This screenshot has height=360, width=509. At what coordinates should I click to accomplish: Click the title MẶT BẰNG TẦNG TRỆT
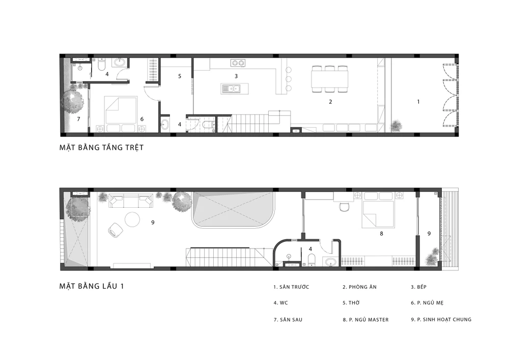pyautogui.click(x=101, y=148)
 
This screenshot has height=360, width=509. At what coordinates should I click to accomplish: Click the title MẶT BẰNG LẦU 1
pyautogui.click(x=92, y=286)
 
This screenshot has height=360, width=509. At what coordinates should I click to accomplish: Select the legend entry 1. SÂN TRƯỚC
pyautogui.click(x=291, y=287)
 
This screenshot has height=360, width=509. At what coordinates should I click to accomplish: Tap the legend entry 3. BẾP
pyautogui.click(x=418, y=287)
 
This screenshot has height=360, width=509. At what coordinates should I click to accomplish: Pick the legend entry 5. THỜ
pyautogui.click(x=351, y=303)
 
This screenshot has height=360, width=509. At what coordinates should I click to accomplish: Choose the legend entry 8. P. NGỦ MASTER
pyautogui.click(x=365, y=320)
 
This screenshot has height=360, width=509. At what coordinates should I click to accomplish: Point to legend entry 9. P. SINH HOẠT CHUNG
pyautogui.click(x=441, y=320)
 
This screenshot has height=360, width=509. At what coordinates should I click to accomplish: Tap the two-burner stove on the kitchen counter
pyautogui.click(x=238, y=63)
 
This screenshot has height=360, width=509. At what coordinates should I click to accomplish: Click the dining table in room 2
pyautogui.click(x=329, y=79)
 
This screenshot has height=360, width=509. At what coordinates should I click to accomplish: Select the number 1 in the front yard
pyautogui.click(x=418, y=102)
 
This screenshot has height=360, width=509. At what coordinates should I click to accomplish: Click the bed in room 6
pyautogui.click(x=121, y=109)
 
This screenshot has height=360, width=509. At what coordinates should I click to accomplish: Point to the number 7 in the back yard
pyautogui.click(x=78, y=119)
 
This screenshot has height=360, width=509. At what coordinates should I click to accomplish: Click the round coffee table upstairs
pyautogui.click(x=132, y=219)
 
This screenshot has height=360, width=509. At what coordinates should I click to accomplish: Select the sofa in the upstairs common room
pyautogui.click(x=130, y=201)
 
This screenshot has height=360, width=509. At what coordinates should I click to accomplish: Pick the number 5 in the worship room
pyautogui.click(x=180, y=76)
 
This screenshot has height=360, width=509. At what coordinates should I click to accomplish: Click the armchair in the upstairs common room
pyautogui.click(x=115, y=230)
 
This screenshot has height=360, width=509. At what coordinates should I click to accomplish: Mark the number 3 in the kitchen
pyautogui.click(x=236, y=76)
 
